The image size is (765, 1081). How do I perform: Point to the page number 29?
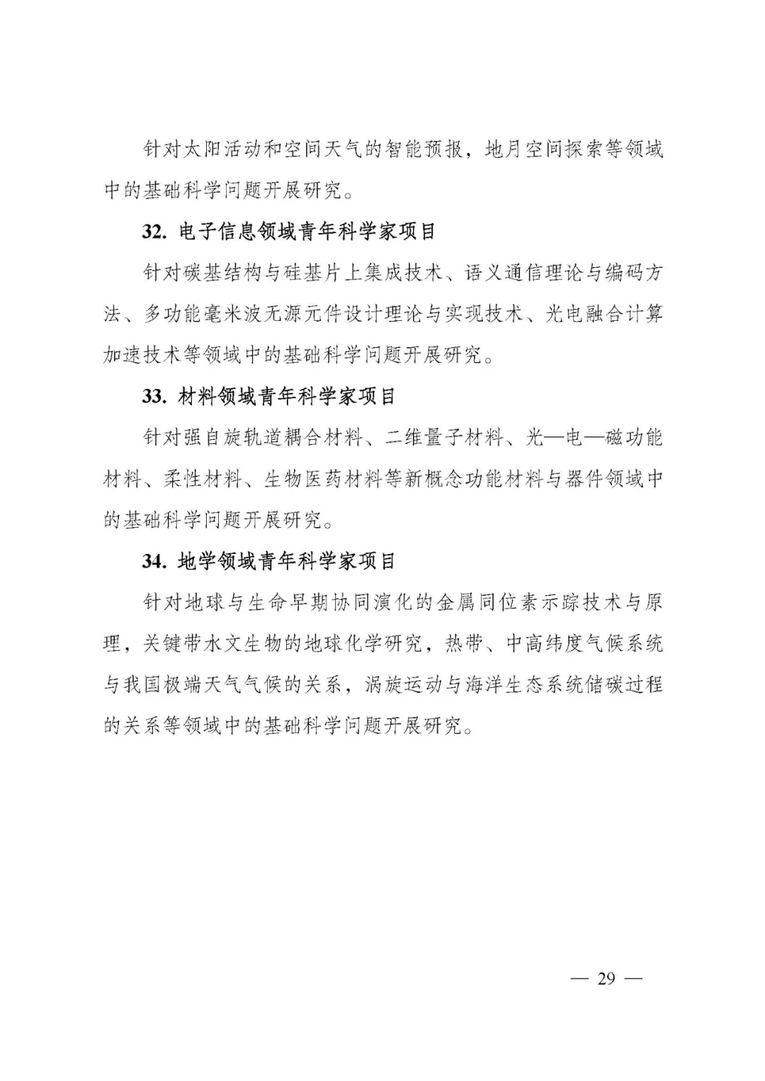(x=606, y=979)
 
